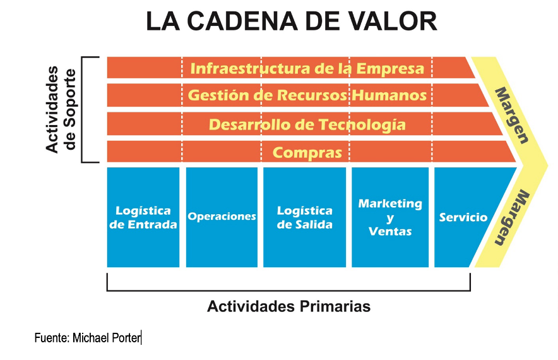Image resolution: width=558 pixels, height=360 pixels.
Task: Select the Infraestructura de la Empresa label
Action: point(307,68)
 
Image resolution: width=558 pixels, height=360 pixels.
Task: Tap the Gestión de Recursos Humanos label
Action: point(307,95)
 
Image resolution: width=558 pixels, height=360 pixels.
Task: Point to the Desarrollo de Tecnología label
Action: point(307,124)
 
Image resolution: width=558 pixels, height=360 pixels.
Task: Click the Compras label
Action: point(307,153)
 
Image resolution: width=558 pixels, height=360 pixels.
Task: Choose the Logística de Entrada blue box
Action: point(143,217)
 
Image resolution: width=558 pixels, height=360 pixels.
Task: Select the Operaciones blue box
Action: point(222,217)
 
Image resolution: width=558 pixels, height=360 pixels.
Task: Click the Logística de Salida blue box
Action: point(305,217)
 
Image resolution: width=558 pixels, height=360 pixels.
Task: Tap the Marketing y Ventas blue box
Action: point(390,217)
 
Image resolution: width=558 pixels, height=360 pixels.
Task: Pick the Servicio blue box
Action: point(470,217)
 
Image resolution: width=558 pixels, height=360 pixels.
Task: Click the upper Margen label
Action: point(512,116)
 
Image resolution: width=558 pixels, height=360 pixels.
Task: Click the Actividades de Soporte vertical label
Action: point(61,109)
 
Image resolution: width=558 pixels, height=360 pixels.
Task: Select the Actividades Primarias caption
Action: point(288,306)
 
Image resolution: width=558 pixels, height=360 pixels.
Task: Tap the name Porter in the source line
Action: point(126,337)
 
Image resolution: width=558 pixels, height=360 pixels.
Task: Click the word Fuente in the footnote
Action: point(52,337)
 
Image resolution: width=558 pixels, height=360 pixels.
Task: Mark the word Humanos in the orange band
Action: point(389,95)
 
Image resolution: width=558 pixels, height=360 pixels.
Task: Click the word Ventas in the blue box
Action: point(390,231)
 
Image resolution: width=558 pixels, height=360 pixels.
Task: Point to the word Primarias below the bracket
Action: point(335,306)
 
